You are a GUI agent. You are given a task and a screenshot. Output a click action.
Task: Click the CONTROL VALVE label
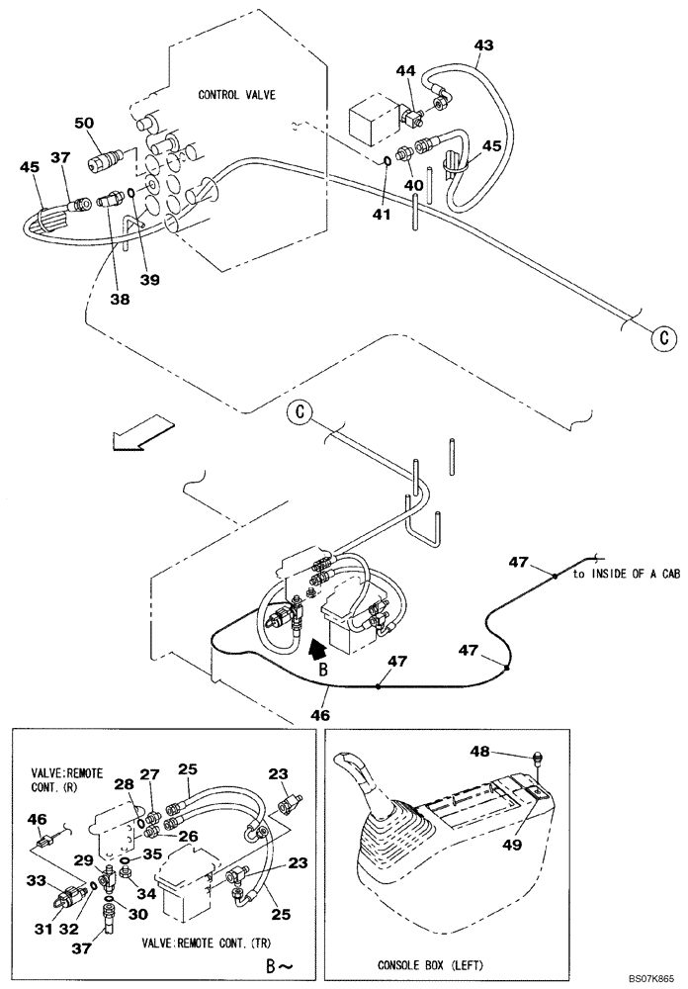coord(236,95)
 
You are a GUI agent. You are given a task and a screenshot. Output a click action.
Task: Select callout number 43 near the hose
coord(483,45)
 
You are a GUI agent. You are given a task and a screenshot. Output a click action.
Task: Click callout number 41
coord(380,213)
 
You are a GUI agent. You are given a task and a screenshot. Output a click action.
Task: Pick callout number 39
coord(149,280)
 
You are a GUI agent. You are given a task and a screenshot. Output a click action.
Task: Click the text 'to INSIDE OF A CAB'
coord(626,574)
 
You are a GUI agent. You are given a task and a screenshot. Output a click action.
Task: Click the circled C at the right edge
coord(664,338)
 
